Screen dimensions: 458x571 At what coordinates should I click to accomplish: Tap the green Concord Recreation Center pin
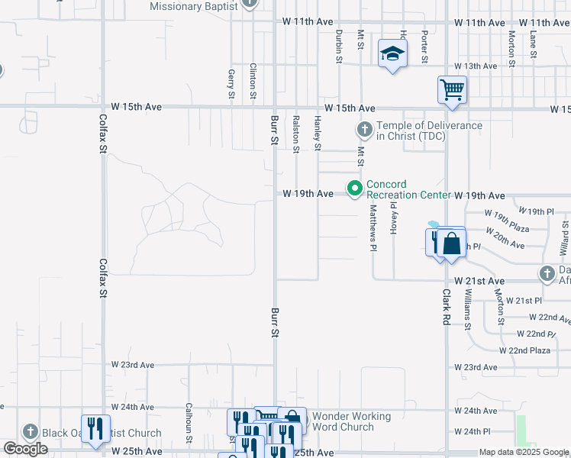(x=354, y=188)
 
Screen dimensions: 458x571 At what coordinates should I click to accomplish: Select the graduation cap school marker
(x=392, y=53)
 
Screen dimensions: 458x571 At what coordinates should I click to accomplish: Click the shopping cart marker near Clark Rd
(x=452, y=90)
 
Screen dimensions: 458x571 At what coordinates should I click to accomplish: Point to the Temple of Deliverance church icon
(x=364, y=129)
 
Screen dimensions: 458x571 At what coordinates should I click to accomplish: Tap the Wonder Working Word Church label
(x=352, y=421)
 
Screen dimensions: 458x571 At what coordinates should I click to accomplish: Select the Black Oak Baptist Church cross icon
(x=30, y=432)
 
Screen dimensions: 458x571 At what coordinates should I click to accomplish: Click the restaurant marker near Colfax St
(x=95, y=428)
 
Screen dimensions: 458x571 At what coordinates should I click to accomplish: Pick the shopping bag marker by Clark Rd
(x=452, y=244)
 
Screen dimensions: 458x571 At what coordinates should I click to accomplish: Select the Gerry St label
(x=231, y=84)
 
